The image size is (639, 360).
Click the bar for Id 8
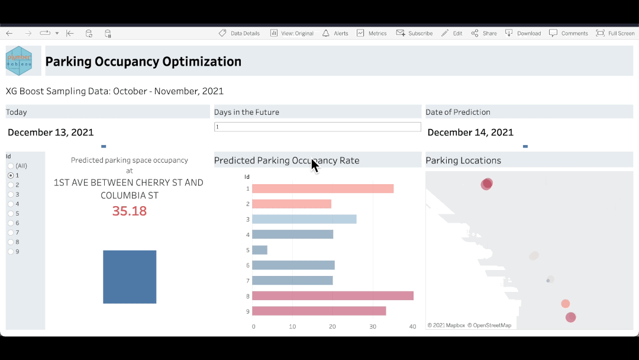pyautogui.click(x=333, y=295)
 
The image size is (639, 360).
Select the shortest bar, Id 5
pyautogui.click(x=260, y=250)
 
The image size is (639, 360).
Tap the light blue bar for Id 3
pyautogui.click(x=304, y=219)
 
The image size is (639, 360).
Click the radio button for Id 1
pyautogui.click(x=11, y=175)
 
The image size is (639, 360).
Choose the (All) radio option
pyautogui.click(x=11, y=166)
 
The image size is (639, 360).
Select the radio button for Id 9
pyautogui.click(x=11, y=252)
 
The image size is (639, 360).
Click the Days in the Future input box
pyautogui.click(x=317, y=127)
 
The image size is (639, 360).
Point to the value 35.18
pyautogui.click(x=130, y=211)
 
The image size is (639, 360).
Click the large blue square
pyautogui.click(x=130, y=277)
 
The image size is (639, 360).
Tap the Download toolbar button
pyautogui.click(x=523, y=33)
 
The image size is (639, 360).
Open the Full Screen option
pyautogui.click(x=615, y=33)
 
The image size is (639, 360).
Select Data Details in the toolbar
pyautogui.click(x=239, y=33)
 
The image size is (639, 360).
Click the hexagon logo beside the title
pyautogui.click(x=19, y=61)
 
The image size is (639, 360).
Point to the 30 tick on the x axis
pyautogui.click(x=373, y=326)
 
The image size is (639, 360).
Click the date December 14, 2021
pyautogui.click(x=470, y=133)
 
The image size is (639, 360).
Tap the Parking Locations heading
pyautogui.click(x=463, y=160)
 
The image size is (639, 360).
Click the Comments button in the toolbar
pyautogui.click(x=569, y=33)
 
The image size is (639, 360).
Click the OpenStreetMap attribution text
pyautogui.click(x=489, y=325)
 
